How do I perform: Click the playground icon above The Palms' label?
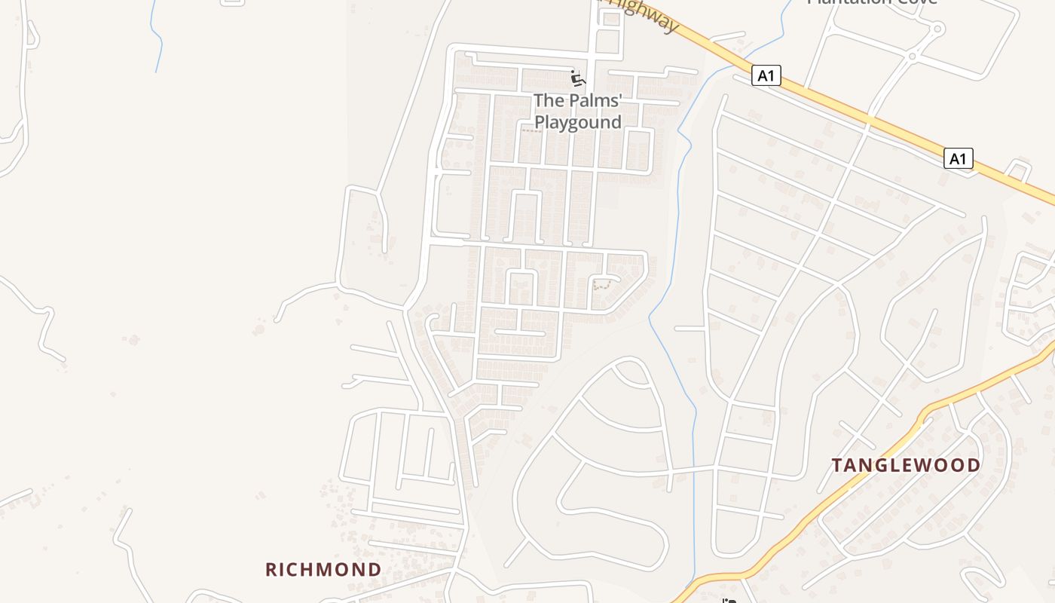[578, 78]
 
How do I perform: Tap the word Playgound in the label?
[578, 122]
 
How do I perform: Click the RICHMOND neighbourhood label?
[323, 569]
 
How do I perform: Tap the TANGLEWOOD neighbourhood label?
[906, 465]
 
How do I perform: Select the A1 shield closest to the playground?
[766, 75]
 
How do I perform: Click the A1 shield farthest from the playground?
[958, 158]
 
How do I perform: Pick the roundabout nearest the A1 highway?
[912, 57]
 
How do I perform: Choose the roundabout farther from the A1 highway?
[937, 30]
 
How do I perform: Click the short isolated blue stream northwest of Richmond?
[157, 38]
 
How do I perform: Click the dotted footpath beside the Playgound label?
[532, 131]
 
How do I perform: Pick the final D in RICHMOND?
[375, 569]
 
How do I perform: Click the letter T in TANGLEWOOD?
[837, 465]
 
